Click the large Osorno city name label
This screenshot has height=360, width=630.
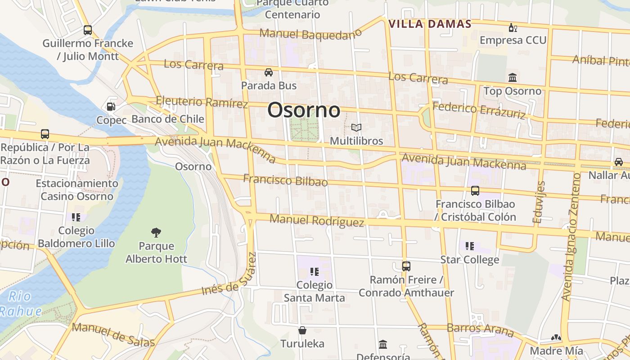pos(304,110)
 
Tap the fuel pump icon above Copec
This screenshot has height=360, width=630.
pos(111,107)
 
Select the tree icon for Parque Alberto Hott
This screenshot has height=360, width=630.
pos(156,233)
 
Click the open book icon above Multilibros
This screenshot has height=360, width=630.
pos(356,128)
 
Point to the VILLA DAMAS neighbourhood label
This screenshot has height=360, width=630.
pos(430,24)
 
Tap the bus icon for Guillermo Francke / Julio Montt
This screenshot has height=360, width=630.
pos(88,30)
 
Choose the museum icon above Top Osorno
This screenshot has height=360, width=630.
pos(512,77)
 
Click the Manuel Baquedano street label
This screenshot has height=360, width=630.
pos(310,34)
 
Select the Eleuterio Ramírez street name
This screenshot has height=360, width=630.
pos(202,102)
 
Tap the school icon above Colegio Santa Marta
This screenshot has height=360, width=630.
pos(314,272)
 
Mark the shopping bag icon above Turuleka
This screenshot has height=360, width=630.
pos(302,331)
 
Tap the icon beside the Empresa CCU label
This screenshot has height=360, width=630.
pos(512,27)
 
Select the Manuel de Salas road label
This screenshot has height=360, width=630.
pos(113,335)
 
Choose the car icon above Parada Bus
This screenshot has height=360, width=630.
pos(269,72)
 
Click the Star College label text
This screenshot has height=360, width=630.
pos(469,260)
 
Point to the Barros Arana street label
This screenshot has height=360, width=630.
pos(480,329)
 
